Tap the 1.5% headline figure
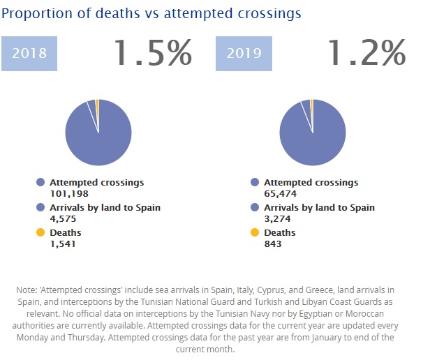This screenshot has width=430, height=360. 152,52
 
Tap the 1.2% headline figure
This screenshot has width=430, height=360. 366,52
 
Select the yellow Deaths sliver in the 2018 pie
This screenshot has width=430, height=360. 97,104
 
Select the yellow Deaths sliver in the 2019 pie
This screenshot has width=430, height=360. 311,104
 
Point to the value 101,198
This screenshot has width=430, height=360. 70,193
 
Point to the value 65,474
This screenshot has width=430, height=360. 281,193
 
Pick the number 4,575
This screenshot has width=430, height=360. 64,218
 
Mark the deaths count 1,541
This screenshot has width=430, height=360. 64,243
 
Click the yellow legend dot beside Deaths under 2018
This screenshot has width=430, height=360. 40,232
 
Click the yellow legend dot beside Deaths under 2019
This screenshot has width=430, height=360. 255,232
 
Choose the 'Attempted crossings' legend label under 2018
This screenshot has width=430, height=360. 97,183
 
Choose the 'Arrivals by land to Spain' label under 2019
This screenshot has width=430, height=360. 319,208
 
